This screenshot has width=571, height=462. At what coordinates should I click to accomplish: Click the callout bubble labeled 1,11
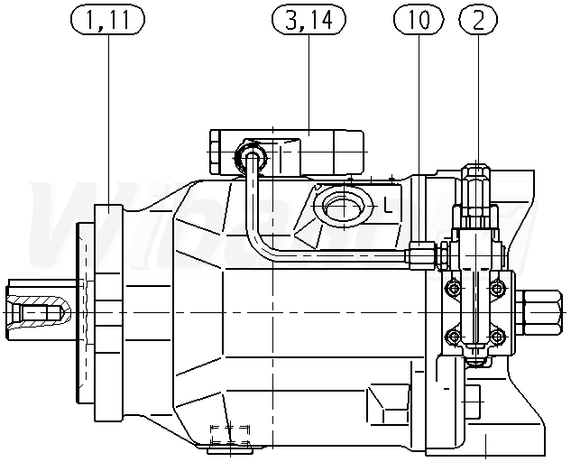point(107,19)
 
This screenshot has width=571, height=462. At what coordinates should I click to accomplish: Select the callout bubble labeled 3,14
point(309,19)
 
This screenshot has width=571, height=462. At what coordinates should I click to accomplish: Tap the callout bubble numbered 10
point(419,19)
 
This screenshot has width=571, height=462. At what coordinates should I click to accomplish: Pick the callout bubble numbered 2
point(478,19)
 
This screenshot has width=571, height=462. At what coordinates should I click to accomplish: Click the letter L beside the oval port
point(388,208)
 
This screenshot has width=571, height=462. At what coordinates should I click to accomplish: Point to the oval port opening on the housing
point(344,207)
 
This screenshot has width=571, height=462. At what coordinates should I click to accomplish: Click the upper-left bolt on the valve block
point(453,289)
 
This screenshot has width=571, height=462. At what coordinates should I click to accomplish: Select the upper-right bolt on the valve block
point(496,289)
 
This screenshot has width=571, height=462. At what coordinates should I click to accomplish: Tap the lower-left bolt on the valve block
point(453,336)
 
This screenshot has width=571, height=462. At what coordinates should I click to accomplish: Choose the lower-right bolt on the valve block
point(496,336)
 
